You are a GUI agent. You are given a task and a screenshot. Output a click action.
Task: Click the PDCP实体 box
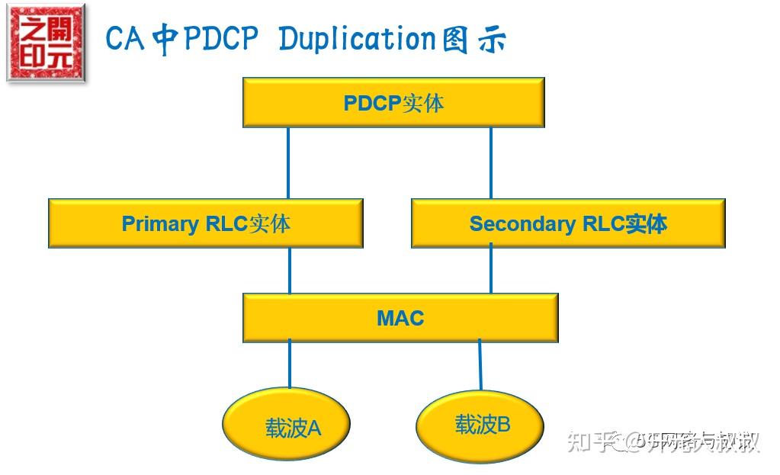(393, 102)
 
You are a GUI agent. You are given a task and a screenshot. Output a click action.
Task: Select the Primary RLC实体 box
(205, 223)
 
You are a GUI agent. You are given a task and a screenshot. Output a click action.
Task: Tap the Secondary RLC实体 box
(568, 223)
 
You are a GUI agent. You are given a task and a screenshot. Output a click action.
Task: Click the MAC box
(400, 317)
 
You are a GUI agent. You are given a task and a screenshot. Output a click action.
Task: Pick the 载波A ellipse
(286, 425)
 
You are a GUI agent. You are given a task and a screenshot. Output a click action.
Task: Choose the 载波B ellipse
(480, 425)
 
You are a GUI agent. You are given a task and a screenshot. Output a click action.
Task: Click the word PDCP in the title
(222, 39)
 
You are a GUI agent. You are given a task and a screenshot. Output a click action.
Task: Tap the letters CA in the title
(125, 39)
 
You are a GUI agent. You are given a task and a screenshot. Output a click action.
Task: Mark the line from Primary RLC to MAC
(290, 270)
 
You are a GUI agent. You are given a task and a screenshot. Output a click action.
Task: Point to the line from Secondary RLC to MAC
(490, 270)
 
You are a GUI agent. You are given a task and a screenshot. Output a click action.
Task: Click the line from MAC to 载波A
(290, 364)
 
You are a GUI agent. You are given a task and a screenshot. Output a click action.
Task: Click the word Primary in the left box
(160, 223)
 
